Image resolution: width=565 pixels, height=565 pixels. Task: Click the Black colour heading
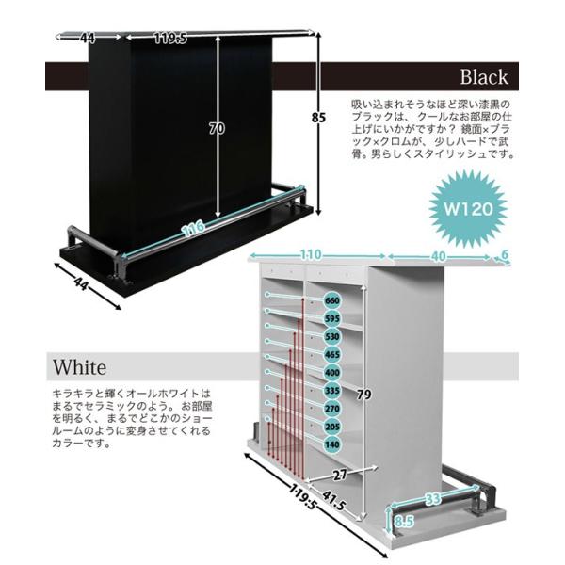(x=484, y=77)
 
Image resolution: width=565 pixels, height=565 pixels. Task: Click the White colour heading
(x=79, y=365)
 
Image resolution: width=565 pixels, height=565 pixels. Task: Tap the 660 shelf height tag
(x=331, y=300)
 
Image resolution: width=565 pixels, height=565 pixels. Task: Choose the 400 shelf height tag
(x=331, y=374)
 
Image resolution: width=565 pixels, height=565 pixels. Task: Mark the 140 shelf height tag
(x=331, y=443)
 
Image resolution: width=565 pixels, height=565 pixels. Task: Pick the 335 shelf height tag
(x=331, y=391)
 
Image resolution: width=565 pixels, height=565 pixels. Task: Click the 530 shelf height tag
(x=331, y=336)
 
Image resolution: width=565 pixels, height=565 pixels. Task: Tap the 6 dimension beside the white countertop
(x=505, y=255)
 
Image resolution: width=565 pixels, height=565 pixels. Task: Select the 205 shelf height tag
(x=331, y=426)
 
